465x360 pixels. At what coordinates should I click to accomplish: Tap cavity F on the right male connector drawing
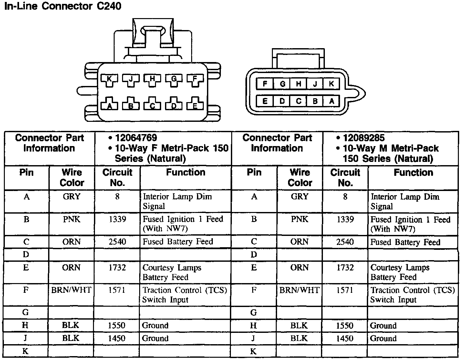265,84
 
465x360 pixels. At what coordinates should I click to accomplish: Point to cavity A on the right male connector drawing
332,101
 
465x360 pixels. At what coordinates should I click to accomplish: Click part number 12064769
136,138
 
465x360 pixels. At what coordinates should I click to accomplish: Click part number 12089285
364,138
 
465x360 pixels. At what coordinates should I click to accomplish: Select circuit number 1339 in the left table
117,219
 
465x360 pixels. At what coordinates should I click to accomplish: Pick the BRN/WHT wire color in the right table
299,290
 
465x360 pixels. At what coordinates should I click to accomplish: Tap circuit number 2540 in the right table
345,242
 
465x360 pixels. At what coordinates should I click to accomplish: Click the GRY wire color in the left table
72,196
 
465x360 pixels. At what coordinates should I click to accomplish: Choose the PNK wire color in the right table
299,219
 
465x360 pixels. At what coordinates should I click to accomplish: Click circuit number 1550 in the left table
117,325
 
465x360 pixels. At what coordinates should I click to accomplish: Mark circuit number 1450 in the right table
345,338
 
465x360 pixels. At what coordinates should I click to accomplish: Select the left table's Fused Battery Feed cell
178,242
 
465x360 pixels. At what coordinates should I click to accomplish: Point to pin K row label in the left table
26,351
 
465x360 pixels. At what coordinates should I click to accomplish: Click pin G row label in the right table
253,312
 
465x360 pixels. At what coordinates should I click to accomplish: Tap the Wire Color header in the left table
72,177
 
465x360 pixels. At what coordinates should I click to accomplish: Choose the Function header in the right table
413,173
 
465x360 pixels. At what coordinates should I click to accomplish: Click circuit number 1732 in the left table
117,268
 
